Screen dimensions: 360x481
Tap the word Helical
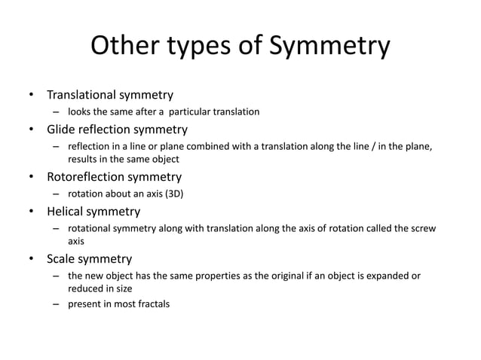tap(67, 211)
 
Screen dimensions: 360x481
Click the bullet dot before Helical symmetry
tap(31, 212)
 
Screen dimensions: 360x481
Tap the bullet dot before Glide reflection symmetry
tap(31, 130)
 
